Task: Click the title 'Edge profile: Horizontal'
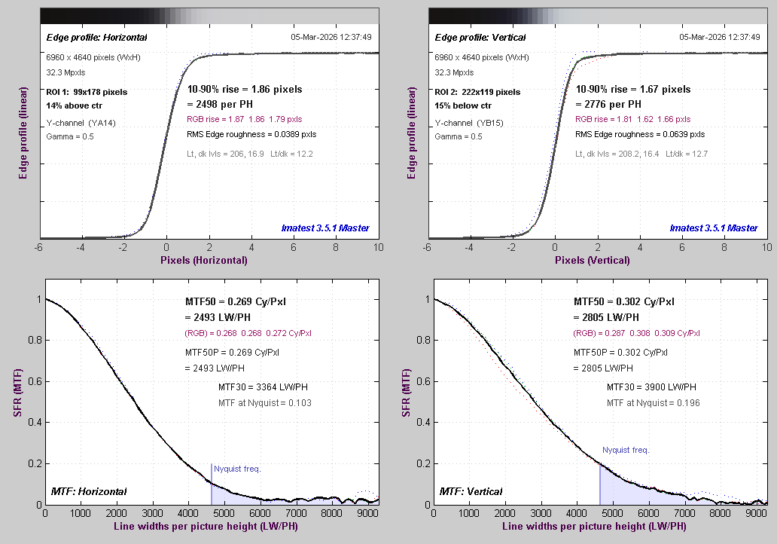[x=97, y=38]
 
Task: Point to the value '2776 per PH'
[x=608, y=104]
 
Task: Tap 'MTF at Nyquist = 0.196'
[x=653, y=403]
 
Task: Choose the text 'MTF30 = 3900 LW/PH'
[x=651, y=387]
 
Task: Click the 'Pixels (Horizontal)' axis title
[x=203, y=261]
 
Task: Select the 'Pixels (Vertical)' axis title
[x=592, y=261]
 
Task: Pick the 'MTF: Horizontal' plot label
[x=89, y=492]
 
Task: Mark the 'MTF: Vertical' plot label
[x=471, y=492]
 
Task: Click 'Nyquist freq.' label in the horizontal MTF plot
[x=237, y=469]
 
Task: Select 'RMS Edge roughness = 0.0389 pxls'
[x=251, y=135]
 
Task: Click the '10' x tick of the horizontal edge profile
[x=376, y=247]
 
